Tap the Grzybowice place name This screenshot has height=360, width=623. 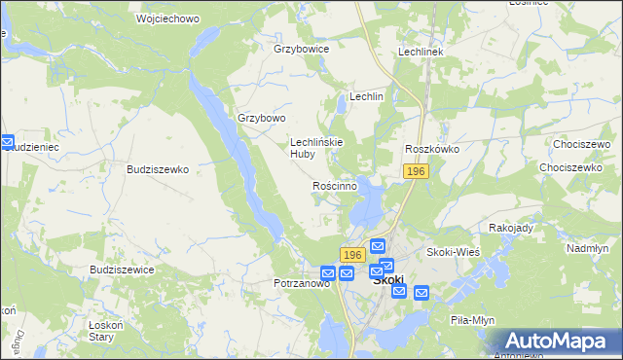tap(302, 49)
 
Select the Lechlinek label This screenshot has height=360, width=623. tap(421, 52)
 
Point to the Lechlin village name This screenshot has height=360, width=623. tap(367, 97)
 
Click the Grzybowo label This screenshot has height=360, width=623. tap(262, 119)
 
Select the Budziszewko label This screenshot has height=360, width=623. tap(158, 168)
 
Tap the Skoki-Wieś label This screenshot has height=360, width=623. tap(452, 252)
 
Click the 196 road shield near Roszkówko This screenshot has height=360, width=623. tap(416, 171)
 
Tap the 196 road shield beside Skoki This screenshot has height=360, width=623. tap(352, 254)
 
